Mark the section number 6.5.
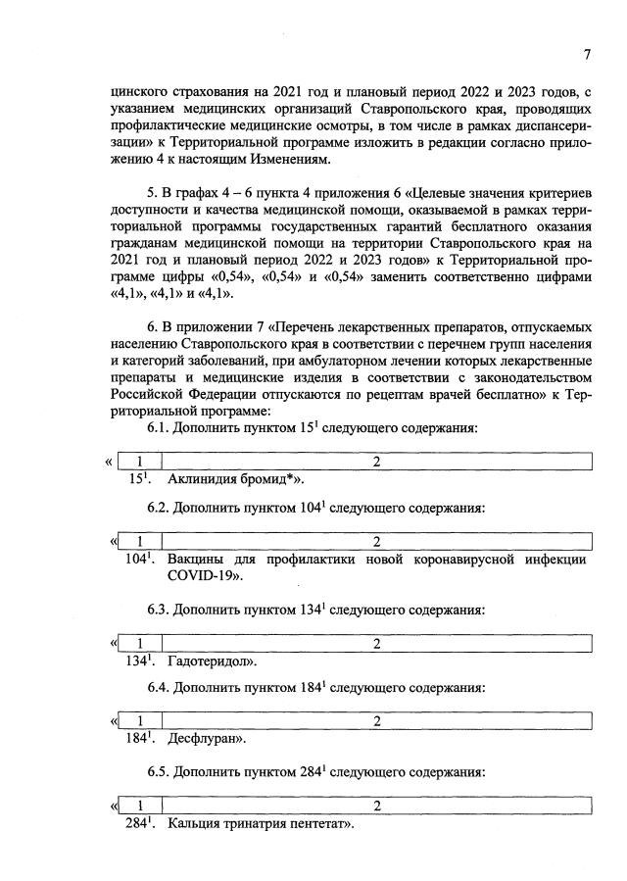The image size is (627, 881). tap(159, 770)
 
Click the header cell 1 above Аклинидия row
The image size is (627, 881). tap(140, 462)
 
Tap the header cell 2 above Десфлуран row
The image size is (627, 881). tap(376, 721)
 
